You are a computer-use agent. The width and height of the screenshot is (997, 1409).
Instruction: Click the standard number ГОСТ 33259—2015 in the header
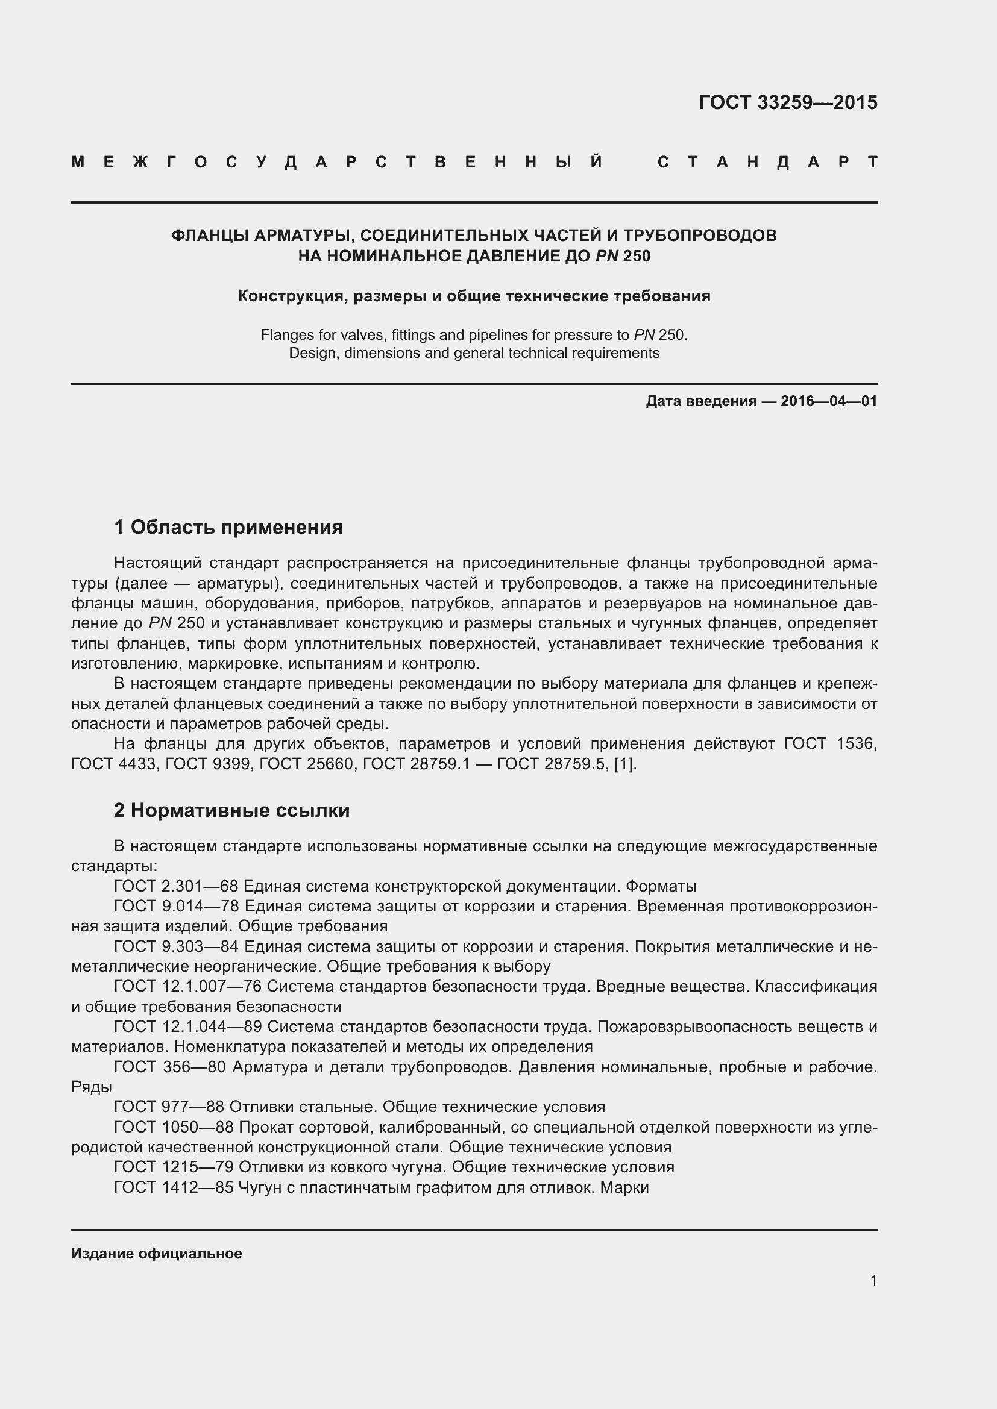(788, 102)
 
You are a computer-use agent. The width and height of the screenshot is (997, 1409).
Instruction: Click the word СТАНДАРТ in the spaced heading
(767, 163)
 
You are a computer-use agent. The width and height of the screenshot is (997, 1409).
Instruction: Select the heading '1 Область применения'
(228, 527)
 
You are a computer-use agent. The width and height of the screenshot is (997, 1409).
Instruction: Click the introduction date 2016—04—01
(828, 401)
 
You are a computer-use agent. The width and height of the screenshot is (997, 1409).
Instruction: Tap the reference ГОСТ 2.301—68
(175, 886)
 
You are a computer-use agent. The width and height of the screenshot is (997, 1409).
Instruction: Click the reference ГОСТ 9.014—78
(175, 907)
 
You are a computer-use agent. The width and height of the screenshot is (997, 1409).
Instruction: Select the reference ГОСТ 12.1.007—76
(188, 986)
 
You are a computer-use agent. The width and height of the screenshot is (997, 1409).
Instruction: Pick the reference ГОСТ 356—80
(170, 1067)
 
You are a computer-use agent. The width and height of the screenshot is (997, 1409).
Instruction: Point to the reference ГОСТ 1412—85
(174, 1187)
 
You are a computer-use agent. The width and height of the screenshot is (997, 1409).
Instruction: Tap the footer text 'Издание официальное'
(157, 1254)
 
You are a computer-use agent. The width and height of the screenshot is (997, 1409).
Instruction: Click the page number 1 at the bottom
(873, 1281)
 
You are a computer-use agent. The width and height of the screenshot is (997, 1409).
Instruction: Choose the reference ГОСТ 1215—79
(174, 1167)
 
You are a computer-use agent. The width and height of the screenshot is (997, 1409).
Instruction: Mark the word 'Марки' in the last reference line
(624, 1187)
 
